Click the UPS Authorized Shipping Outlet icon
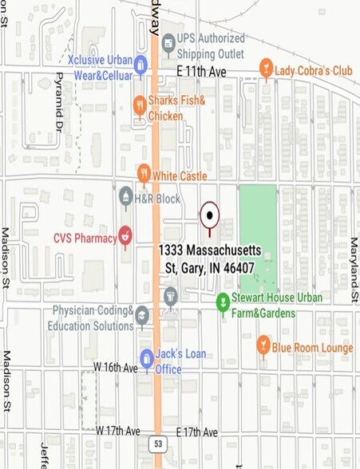pos(168,43)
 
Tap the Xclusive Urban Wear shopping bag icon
pos(140,65)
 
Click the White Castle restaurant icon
pos(144,173)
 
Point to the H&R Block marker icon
pos(125,196)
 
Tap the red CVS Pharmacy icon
pos(125,236)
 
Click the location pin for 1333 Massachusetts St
pos(209,214)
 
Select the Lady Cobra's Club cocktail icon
pos(266,69)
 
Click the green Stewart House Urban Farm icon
pos(224,301)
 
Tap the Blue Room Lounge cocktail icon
pos(263,345)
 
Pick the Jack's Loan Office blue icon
pos(147,358)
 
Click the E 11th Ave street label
pos(201,73)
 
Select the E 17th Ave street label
pos(196,432)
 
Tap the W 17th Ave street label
pos(118,431)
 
